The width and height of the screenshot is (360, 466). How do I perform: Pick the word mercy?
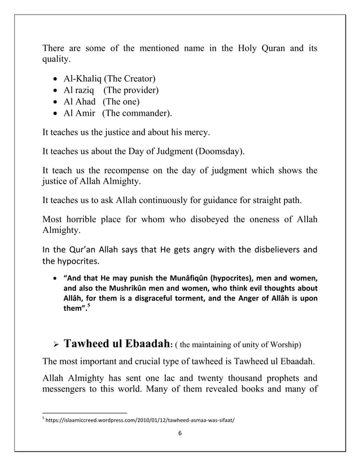[x=195, y=134]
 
